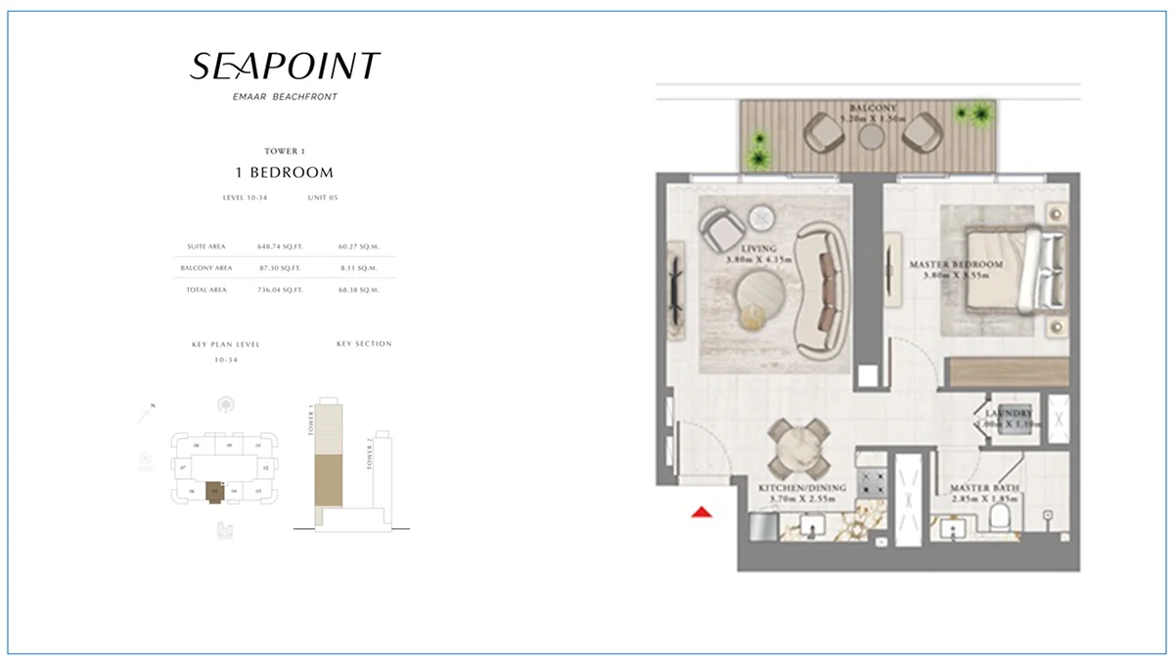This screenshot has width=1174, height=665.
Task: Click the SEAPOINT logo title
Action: pyautogui.click(x=285, y=66)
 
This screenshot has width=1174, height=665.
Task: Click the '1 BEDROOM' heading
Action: pyautogui.click(x=285, y=172)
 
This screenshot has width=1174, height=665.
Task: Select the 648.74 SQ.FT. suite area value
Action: pyautogui.click(x=279, y=246)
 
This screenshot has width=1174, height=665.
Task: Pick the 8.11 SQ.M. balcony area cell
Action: pyautogui.click(x=360, y=268)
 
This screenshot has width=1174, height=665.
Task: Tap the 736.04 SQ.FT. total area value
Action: pyautogui.click(x=279, y=289)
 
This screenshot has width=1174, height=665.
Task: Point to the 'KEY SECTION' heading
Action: pyautogui.click(x=363, y=344)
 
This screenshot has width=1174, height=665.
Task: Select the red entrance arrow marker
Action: pyautogui.click(x=700, y=511)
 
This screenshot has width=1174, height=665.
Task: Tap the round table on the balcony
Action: pyautogui.click(x=871, y=138)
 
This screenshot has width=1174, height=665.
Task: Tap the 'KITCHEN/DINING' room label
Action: pyautogui.click(x=792, y=486)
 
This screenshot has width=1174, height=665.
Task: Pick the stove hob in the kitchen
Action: pyautogui.click(x=871, y=480)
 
